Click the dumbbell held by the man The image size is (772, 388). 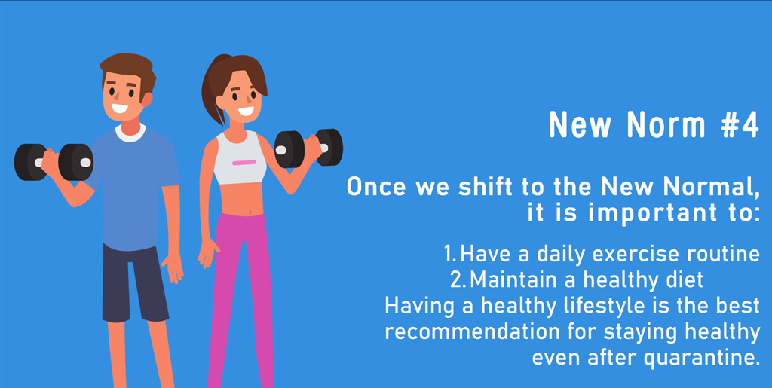pos(54,162)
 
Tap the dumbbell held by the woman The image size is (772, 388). pos(308,148)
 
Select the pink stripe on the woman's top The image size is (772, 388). pos(244,162)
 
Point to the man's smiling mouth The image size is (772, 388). pos(120,108)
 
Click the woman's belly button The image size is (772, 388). pos(251,212)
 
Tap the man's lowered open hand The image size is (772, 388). pos(173,268)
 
